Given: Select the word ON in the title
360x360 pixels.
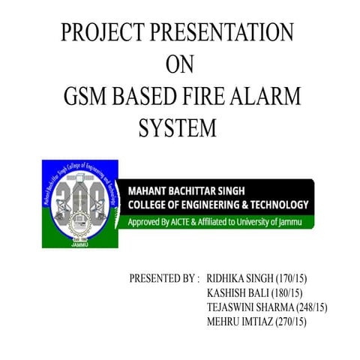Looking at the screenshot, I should (x=178, y=65).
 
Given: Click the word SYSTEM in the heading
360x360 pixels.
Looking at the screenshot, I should (x=178, y=129).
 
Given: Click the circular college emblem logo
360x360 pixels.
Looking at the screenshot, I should (x=79, y=203).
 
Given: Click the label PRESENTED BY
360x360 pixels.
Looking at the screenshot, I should (x=164, y=279).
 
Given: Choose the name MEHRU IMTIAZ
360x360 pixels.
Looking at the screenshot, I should (x=239, y=322).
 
